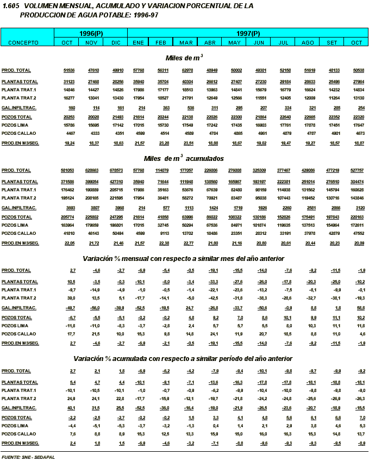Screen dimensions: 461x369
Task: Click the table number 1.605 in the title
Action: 11,5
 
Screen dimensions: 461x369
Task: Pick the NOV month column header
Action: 92,42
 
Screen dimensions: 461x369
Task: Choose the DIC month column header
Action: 116,42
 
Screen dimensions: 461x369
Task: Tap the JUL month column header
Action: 283,42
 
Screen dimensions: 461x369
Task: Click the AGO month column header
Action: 308,42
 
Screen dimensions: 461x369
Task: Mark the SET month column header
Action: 332,42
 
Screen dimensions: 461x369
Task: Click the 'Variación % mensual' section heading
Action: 184,258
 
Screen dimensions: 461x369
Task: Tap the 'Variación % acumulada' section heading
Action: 184,359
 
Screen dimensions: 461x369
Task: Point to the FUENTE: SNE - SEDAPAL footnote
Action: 28,457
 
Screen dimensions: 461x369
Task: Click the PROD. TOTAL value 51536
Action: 68,70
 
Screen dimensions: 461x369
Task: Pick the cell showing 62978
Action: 186,70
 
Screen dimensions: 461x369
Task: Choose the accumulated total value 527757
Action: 357,171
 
